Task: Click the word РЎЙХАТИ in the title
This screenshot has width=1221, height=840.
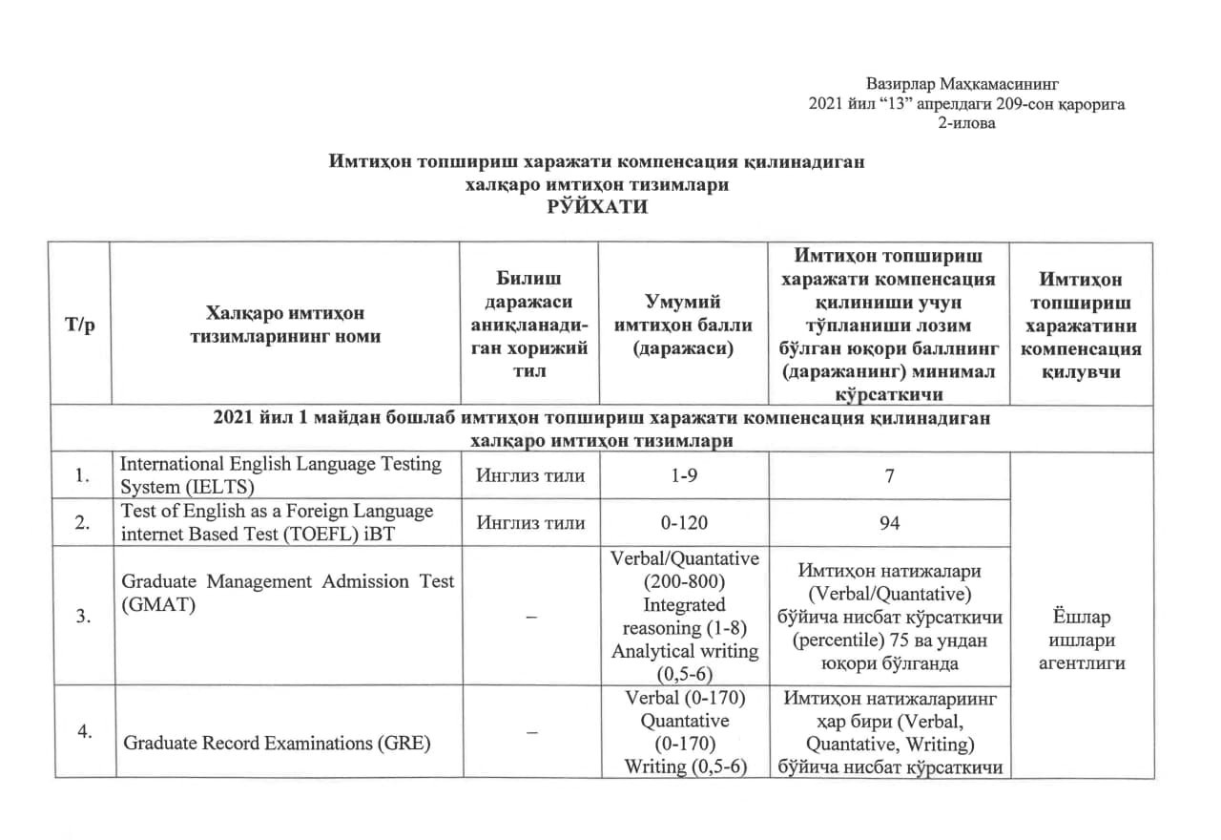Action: (597, 208)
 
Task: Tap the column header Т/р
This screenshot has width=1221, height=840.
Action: (79, 325)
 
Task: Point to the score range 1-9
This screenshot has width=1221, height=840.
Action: (686, 475)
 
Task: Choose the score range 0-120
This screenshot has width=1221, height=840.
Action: (686, 522)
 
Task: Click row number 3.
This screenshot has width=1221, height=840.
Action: (83, 617)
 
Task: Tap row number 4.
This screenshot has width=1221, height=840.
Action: (83, 731)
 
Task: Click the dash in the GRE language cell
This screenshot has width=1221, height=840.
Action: (529, 732)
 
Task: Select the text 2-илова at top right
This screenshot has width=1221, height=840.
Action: (967, 123)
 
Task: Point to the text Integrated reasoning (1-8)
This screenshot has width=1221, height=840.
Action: (685, 617)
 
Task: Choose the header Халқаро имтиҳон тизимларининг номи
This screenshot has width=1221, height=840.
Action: (285, 325)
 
